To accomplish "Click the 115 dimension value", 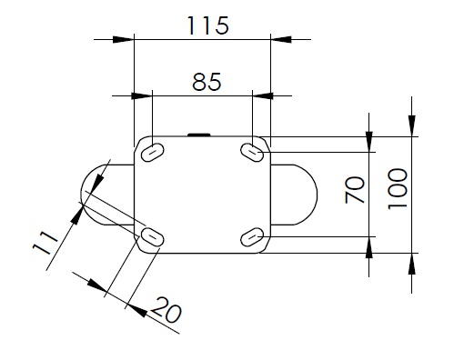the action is [207, 25].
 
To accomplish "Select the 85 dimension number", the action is [207, 82].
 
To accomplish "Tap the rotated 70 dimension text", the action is [355, 190].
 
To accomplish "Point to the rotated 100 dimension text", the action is [398, 189].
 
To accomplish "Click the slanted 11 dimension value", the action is [45, 243].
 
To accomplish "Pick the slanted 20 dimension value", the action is [166, 310].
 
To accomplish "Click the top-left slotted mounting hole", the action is [153, 152].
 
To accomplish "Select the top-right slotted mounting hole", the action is [252, 152].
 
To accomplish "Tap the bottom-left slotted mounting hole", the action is [153, 236].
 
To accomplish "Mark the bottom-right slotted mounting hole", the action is [252, 237].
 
